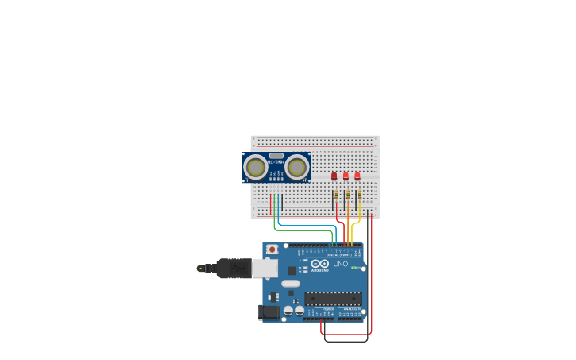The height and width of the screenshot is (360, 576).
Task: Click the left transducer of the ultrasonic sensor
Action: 256,167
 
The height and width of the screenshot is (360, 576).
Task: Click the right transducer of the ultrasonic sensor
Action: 297,167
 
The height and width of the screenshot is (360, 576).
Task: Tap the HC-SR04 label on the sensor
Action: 276,162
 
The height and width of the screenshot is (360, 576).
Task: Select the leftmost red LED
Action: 334,176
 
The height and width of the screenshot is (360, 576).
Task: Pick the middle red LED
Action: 346,176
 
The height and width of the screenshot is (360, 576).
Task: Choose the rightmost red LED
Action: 358,176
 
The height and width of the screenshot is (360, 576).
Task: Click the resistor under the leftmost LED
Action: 336,195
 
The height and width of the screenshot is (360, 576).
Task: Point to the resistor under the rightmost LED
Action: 360,195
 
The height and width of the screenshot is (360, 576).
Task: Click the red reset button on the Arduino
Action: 273,250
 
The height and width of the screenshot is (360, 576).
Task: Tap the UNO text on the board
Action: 340,264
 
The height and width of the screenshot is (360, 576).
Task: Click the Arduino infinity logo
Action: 320,264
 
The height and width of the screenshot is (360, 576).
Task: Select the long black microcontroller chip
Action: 333,299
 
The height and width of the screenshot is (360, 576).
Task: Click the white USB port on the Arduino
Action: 265,268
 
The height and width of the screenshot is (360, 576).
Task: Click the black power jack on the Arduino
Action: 269,312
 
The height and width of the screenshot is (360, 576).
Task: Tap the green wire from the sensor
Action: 302,230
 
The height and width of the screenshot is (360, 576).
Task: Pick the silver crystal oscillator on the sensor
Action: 276,156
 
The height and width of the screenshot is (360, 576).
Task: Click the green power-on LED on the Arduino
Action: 353,268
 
